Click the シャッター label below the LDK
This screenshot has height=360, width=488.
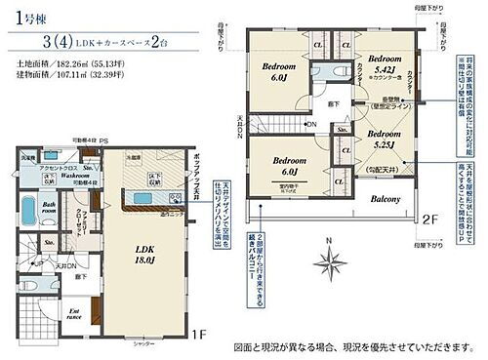click(x=143, y=342)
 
